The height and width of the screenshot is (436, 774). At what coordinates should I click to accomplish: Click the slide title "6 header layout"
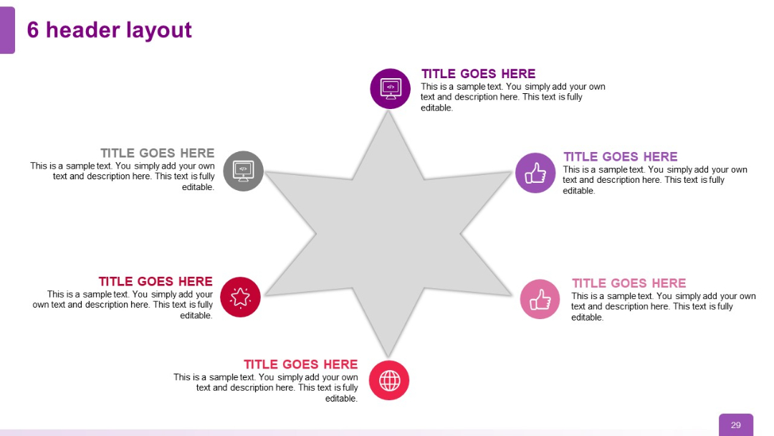tap(110, 30)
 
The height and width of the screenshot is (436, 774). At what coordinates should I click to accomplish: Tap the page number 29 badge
tap(736, 425)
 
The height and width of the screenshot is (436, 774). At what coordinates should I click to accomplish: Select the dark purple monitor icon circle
tap(390, 88)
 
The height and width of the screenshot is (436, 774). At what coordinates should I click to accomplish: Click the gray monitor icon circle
tap(243, 171)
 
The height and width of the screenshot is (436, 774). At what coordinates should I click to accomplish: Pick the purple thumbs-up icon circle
tap(535, 173)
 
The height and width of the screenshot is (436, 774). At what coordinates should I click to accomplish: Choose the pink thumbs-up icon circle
tap(540, 299)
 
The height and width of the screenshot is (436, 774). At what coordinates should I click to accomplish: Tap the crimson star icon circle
tap(240, 297)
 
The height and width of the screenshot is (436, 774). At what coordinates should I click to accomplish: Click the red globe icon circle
tap(389, 380)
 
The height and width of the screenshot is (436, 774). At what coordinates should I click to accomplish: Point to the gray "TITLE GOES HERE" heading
tap(158, 153)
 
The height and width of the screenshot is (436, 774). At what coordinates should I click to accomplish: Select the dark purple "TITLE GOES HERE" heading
tap(478, 74)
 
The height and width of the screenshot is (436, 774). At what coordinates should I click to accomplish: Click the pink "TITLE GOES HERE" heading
tap(629, 283)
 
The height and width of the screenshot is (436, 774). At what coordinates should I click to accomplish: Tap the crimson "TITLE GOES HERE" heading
tap(156, 281)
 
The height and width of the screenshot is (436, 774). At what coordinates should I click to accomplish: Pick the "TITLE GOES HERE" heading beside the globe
tap(300, 364)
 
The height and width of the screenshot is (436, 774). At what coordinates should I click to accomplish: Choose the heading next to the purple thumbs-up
tap(620, 156)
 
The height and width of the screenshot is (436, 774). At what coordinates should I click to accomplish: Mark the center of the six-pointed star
tap(388, 234)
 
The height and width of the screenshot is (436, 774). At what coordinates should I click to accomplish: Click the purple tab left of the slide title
tap(7, 30)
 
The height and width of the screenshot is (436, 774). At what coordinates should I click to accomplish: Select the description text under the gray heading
tap(123, 176)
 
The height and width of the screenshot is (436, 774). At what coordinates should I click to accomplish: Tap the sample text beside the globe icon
tap(267, 388)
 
